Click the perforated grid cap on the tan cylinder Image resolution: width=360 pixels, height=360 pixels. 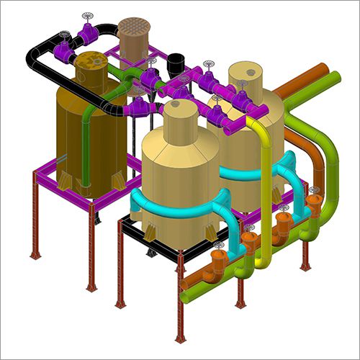click(x=132, y=27)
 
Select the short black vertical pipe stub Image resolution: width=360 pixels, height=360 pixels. click(x=174, y=65)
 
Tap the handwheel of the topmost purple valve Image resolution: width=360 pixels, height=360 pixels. click(x=89, y=16)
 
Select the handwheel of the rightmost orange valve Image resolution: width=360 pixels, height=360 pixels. click(x=315, y=191)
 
